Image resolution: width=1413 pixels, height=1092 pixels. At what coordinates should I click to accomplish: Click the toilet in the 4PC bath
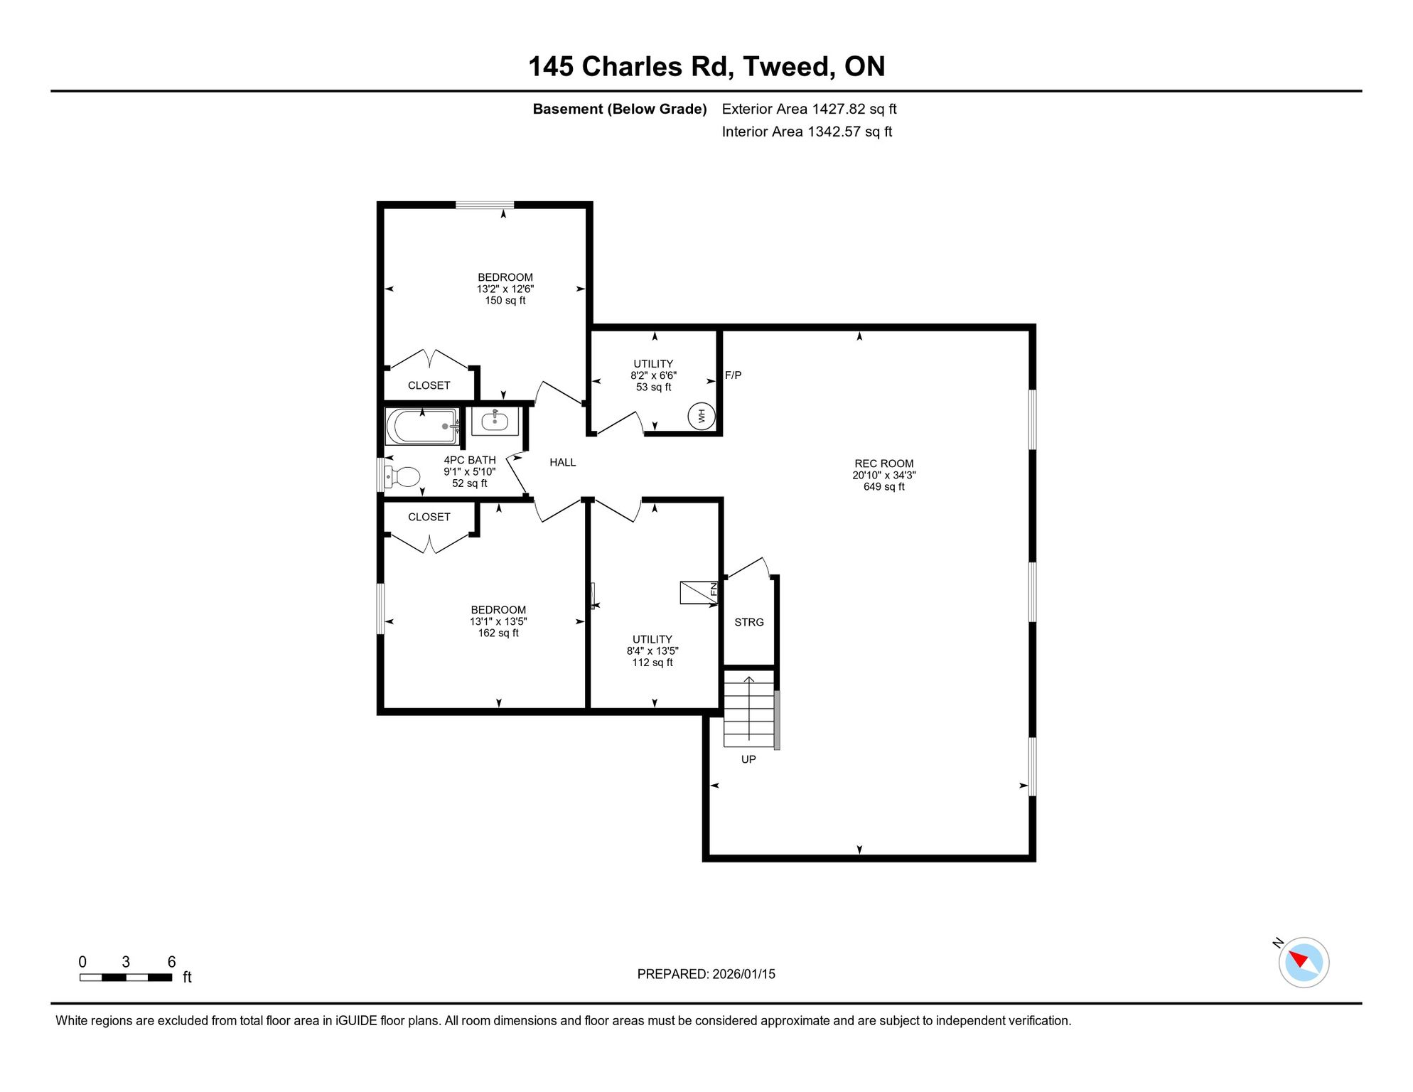pos(402,476)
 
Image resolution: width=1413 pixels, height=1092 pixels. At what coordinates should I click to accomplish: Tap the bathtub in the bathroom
pos(422,426)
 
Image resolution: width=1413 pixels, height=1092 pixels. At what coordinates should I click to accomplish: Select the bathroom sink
pos(495,422)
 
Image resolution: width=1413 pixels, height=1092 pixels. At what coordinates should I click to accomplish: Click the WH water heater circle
pos(702,416)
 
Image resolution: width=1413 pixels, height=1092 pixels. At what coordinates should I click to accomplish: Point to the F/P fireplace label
pos(733,375)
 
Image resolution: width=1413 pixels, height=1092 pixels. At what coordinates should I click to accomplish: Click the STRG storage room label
pos(749,622)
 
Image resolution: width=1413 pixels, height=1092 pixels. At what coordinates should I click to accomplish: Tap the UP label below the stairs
pos(748,759)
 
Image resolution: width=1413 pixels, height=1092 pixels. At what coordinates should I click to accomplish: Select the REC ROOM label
pos(884,464)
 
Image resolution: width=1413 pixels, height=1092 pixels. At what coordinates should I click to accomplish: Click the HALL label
pos(562,462)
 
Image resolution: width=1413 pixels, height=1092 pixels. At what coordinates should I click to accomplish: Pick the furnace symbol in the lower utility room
pos(699,592)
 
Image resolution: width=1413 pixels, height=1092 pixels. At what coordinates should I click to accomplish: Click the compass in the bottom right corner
pos(1304,963)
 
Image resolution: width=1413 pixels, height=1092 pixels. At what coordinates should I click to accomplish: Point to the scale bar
pos(126,978)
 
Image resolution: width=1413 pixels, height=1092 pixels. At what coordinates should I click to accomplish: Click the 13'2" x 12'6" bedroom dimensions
pos(505,289)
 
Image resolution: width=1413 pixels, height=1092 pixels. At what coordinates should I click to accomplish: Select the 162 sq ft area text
pos(498,633)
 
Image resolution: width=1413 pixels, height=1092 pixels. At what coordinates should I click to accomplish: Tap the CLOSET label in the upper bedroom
pos(429,385)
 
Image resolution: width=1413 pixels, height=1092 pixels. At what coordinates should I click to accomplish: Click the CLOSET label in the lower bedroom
pos(429,517)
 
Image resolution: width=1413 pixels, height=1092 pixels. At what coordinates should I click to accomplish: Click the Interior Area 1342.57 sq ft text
pos(807,132)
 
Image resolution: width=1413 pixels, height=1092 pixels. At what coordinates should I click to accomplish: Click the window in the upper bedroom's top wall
pos(485,205)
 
